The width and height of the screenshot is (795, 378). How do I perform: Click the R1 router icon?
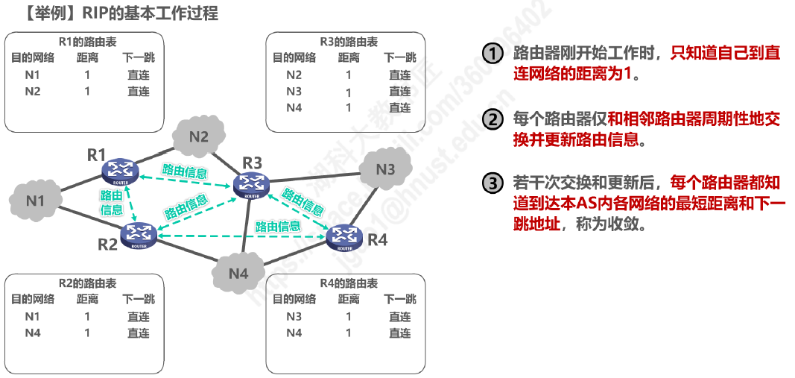pyautogui.click(x=120, y=171)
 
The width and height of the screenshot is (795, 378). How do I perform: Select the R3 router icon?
pyautogui.click(x=252, y=186)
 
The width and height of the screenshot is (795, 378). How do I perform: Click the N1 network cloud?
pyautogui.click(x=34, y=201)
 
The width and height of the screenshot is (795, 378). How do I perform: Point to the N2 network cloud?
pyautogui.click(x=199, y=136)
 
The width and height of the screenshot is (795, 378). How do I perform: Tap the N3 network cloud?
pyautogui.click(x=385, y=169)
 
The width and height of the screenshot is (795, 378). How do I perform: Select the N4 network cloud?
pyautogui.click(x=238, y=273)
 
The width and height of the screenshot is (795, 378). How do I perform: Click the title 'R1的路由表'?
pyautogui.click(x=84, y=42)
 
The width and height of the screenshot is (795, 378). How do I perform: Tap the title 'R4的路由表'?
pyautogui.click(x=346, y=283)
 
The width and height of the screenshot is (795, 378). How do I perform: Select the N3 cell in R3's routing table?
pyautogui.click(x=294, y=91)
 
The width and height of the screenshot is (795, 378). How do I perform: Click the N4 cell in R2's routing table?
pyautogui.click(x=33, y=333)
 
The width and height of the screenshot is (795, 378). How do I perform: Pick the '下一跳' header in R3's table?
pyautogui.click(x=400, y=58)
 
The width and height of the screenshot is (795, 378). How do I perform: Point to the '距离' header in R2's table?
pyautogui.click(x=87, y=300)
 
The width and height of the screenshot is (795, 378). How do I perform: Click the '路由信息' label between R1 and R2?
pyautogui.click(x=112, y=203)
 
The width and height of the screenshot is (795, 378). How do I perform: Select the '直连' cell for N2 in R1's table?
pyautogui.click(x=139, y=91)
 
